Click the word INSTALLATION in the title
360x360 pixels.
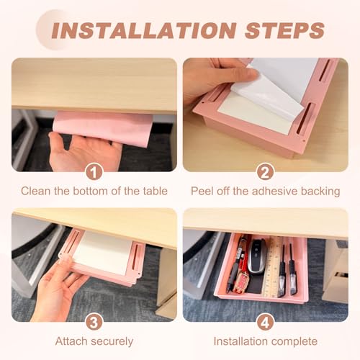coord(144,30)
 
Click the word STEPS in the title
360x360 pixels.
coord(285,30)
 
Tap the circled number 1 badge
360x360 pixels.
coord(94,171)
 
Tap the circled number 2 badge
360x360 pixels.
coord(265,171)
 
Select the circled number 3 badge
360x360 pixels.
coord(94,322)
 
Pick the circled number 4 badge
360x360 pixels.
coord(265,322)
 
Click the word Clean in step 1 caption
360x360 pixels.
coord(36,192)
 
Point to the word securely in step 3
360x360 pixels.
coord(112,341)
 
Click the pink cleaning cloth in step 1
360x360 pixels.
coord(103,127)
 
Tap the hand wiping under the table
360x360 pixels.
coord(84,151)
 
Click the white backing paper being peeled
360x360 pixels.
coord(276,86)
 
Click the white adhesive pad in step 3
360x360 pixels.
coord(102,252)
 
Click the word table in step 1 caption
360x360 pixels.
coord(156,192)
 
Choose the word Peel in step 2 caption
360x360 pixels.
coord(202,192)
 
